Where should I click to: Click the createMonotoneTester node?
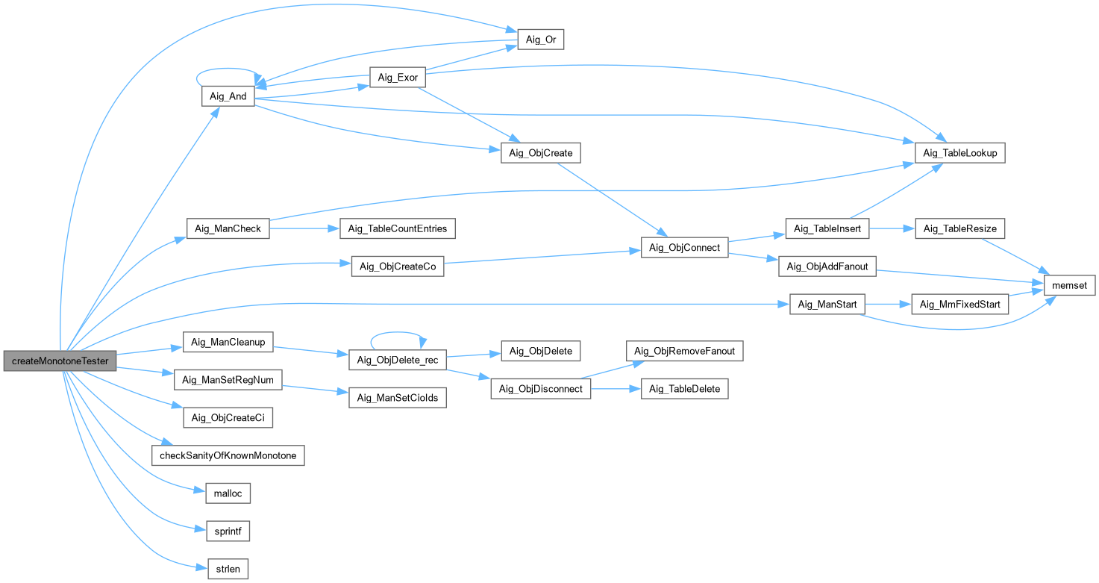60,361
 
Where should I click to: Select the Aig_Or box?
540,40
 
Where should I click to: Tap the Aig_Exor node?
398,78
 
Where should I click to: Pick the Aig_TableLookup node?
960,153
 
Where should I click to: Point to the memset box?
1069,285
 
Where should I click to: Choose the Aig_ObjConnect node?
684,248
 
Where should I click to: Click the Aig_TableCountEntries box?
398,228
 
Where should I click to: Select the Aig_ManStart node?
827,305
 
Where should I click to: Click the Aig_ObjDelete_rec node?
398,361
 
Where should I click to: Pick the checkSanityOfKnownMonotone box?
228,455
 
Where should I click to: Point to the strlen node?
228,570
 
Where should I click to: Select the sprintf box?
228,531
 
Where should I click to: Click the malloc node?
228,493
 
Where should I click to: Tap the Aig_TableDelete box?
684,389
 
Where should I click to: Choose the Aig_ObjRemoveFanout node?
684,351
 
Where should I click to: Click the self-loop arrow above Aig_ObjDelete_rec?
398,334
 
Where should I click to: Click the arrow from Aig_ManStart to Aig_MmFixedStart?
888,305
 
